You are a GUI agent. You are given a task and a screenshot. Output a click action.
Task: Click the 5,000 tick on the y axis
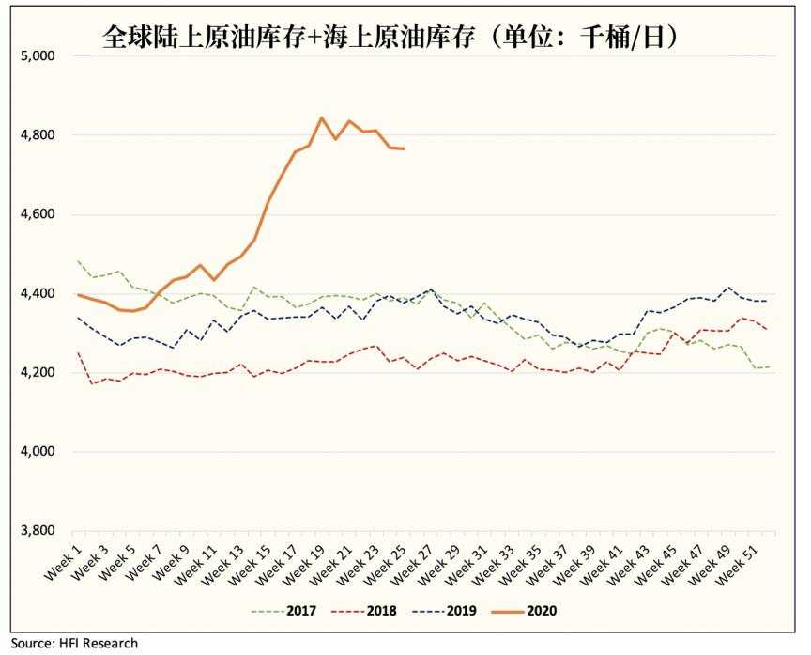tap(38, 56)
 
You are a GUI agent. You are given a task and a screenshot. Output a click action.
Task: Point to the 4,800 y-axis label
tap(38, 135)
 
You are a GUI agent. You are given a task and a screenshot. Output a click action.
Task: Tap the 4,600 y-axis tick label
tap(38, 214)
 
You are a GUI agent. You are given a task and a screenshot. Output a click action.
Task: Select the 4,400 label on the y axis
tap(38, 294)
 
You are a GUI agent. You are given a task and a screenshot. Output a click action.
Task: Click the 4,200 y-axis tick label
tap(38, 373)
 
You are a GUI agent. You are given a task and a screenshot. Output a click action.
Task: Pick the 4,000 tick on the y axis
tap(38, 452)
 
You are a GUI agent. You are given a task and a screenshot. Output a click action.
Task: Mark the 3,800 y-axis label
tap(38, 531)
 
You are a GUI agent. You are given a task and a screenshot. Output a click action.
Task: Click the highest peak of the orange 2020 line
tap(322, 117)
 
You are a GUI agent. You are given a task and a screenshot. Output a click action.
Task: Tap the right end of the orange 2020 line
tap(404, 148)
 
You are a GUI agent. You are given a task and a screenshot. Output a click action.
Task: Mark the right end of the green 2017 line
tap(770, 366)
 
